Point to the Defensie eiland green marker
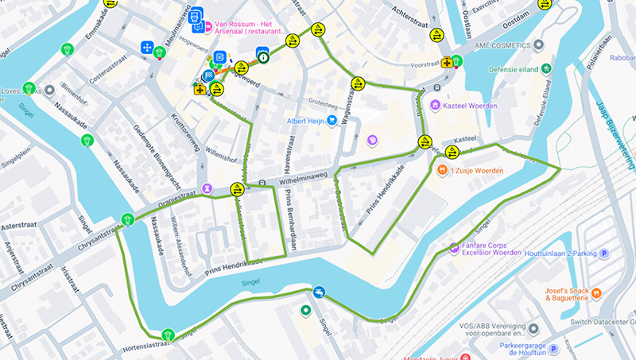(545, 68)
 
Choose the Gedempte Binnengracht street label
(151, 149)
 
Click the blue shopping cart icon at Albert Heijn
(332, 122)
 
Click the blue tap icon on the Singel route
(319, 292)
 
